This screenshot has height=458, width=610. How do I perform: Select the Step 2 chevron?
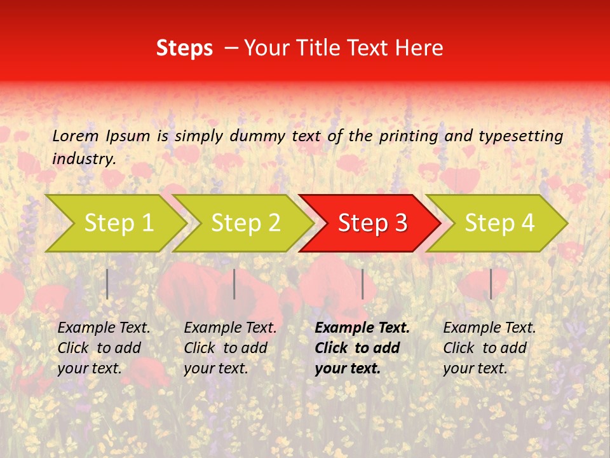(x=245, y=223)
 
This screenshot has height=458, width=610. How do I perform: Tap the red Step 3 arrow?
(x=372, y=223)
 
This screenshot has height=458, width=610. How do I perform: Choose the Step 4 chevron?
(x=499, y=223)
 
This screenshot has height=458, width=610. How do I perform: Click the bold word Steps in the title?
(x=184, y=48)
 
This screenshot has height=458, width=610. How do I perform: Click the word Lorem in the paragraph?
(x=76, y=135)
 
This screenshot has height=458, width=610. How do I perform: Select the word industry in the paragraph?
(x=83, y=159)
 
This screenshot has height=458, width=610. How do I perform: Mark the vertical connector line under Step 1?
(x=107, y=284)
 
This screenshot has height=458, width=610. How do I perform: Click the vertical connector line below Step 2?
(x=234, y=284)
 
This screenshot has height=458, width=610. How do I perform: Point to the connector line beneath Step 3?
(x=362, y=284)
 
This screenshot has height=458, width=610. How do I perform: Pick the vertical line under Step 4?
(x=491, y=284)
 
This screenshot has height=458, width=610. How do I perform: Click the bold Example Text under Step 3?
(x=362, y=328)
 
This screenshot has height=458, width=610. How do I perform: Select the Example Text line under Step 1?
(x=104, y=328)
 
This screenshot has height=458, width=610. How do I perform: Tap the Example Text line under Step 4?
(x=489, y=328)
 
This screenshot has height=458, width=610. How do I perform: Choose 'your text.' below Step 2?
(x=215, y=368)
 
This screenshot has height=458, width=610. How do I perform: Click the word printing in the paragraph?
(x=407, y=136)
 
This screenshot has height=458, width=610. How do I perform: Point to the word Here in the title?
(x=419, y=48)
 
